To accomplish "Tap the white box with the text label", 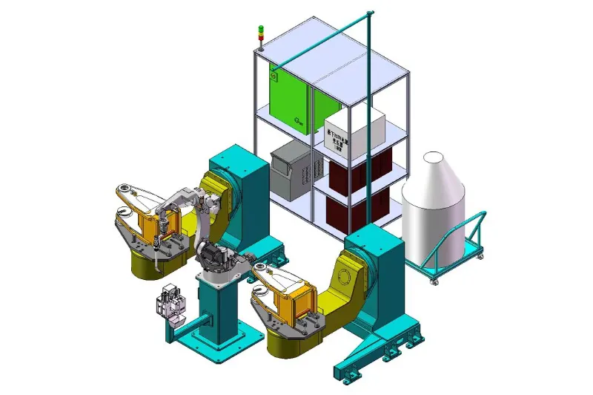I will pyautogui.click(x=354, y=131).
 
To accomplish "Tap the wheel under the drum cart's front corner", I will pyautogui.click(x=433, y=281).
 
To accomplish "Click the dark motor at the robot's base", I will pyautogui.click(x=215, y=257).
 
